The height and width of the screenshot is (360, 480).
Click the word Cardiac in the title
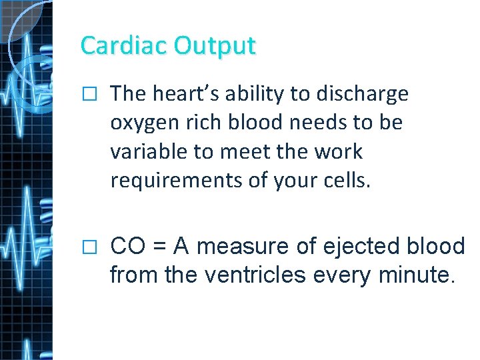click(124, 45)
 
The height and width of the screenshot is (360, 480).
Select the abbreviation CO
click(126, 247)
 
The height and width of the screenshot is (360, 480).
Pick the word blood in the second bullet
click(435, 247)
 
